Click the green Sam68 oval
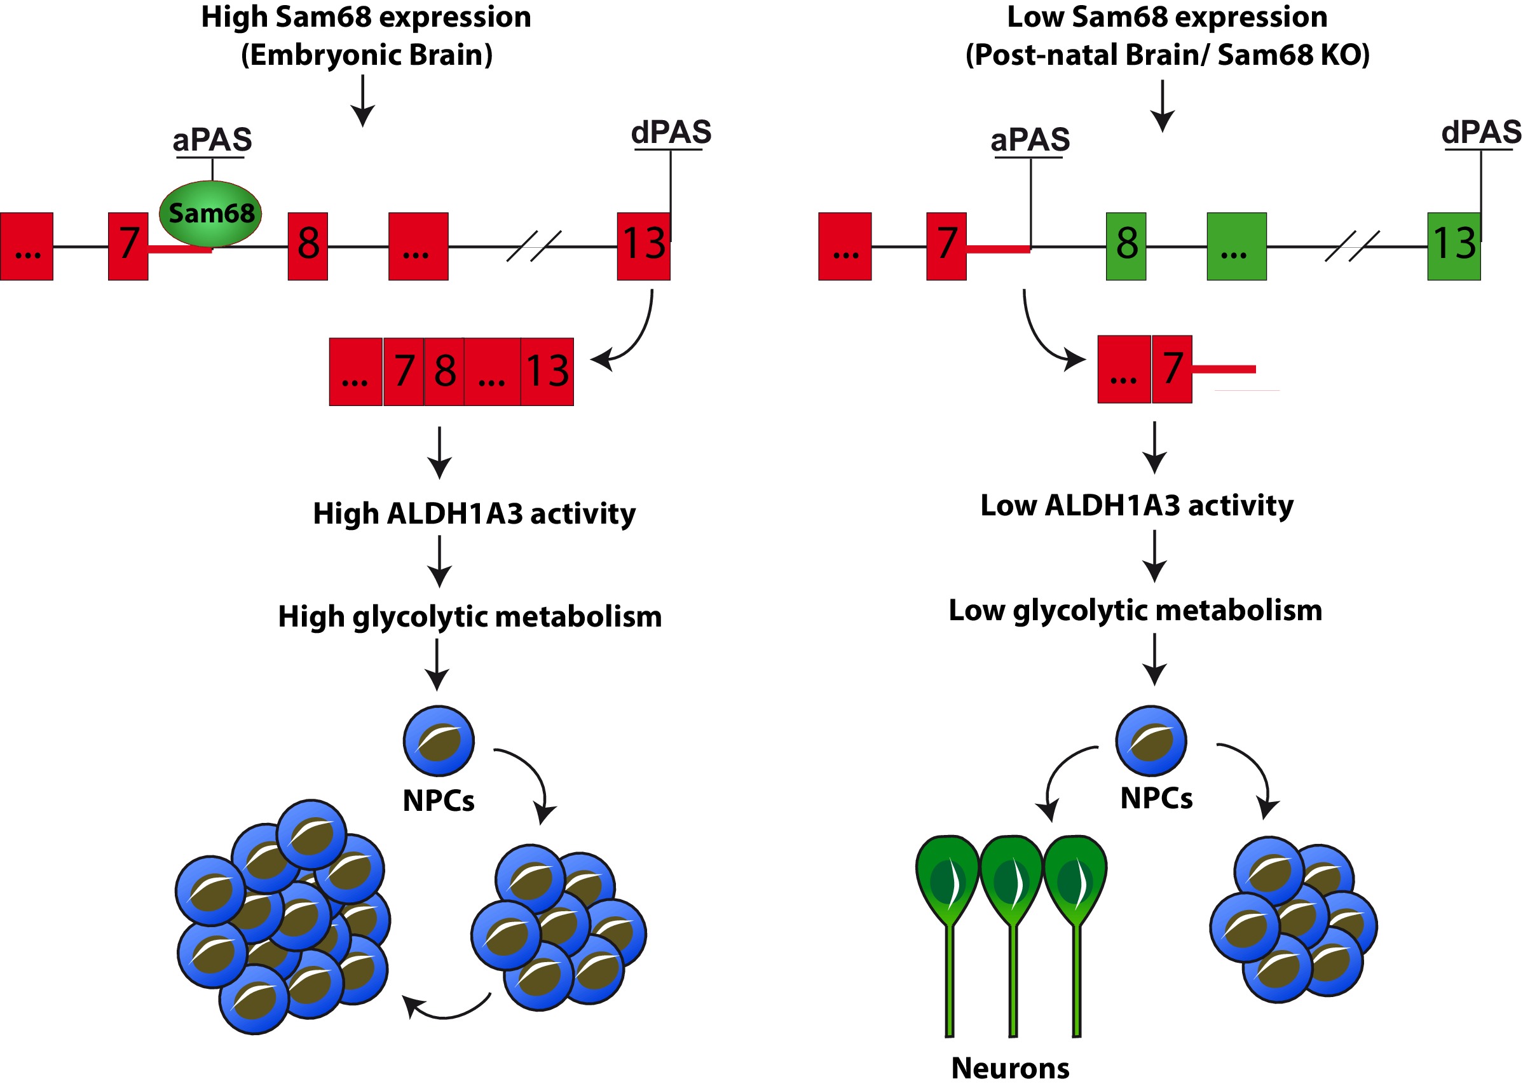210,214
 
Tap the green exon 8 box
1126,246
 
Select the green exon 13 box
1454,246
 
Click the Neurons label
1010,1068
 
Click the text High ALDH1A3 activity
474,513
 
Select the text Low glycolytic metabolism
1135,610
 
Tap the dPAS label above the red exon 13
671,132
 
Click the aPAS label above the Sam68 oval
212,140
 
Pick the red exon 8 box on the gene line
308,246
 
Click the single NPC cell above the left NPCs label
439,740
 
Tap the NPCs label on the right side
1156,798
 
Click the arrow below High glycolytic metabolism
437,665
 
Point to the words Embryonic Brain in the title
367,55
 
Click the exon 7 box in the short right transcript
1172,369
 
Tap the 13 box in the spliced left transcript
547,372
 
